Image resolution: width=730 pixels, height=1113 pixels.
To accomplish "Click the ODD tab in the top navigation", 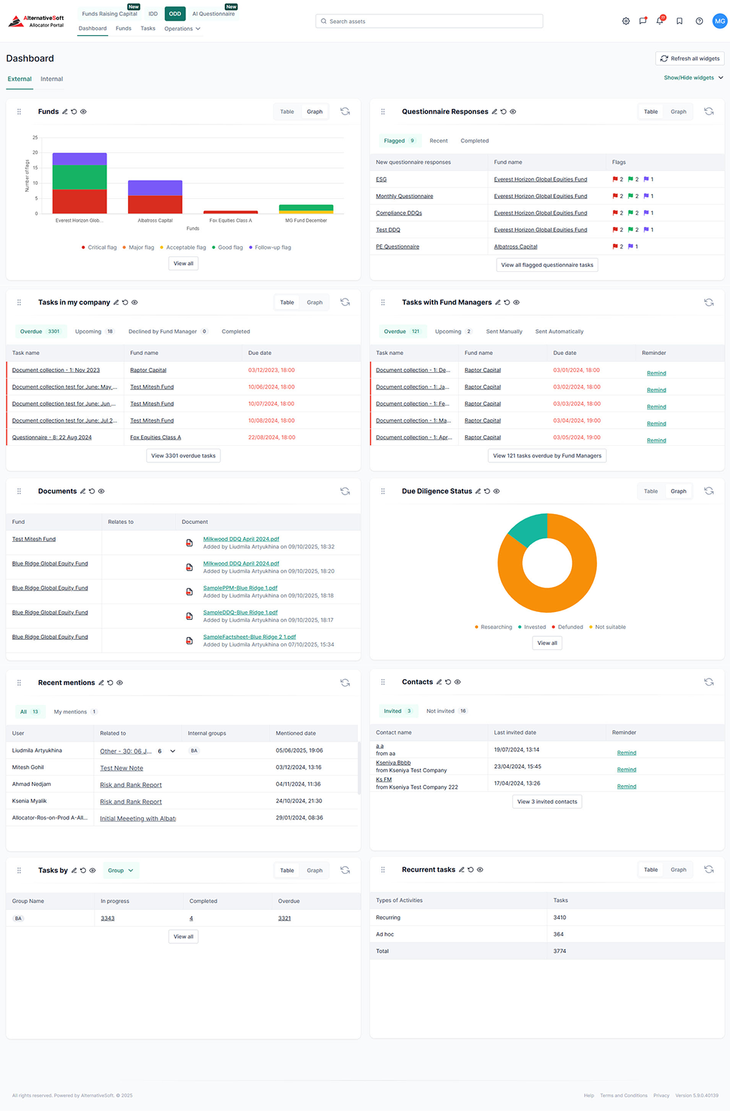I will click(175, 14).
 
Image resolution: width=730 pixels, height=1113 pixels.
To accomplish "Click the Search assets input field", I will click(429, 21).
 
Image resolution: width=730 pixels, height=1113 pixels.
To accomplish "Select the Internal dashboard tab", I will click(52, 79).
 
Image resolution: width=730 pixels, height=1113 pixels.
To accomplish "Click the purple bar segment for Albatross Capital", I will click(155, 188).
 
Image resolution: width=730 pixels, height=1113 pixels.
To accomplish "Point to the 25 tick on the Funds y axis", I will click(35, 137).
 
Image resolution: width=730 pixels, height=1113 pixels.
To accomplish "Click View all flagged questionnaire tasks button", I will click(547, 265).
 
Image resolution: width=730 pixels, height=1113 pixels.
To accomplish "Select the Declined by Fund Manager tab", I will click(162, 331).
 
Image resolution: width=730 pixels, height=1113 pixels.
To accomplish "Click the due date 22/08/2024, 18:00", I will click(271, 437).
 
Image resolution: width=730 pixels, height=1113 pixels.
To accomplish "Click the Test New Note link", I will click(122, 768).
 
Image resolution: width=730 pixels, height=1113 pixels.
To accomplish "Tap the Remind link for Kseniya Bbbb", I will click(626, 769).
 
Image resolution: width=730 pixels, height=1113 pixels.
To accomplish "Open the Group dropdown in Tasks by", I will click(120, 870).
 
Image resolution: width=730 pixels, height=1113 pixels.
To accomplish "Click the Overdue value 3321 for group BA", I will click(284, 918).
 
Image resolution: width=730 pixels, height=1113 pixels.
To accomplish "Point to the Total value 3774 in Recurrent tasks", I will click(560, 951).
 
